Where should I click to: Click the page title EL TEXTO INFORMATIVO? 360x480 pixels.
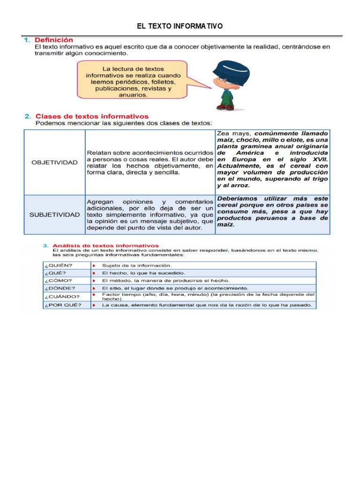pos(180,26)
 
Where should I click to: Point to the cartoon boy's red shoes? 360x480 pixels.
pos(225,107)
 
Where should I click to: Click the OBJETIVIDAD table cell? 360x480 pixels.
pos(54,162)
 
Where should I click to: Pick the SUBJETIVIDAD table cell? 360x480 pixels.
pos(54,215)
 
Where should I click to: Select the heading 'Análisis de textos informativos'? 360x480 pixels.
pos(105,245)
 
